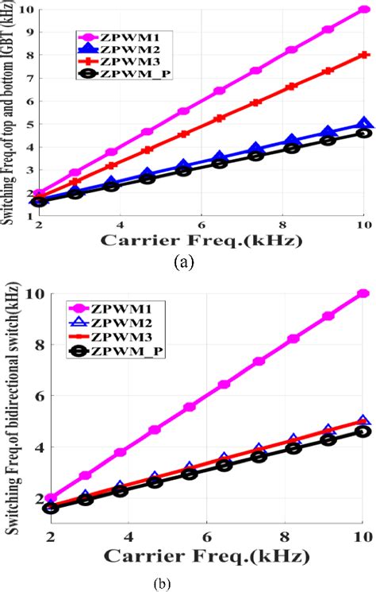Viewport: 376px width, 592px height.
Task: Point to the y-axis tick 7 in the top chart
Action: pos(29,78)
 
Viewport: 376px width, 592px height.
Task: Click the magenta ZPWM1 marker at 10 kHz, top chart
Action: pos(363,10)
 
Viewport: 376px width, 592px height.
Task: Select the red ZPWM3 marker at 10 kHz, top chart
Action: pos(363,55)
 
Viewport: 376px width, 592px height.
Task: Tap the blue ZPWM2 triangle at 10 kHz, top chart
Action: pos(363,123)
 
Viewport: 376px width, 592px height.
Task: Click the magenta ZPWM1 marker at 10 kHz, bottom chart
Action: pos(363,293)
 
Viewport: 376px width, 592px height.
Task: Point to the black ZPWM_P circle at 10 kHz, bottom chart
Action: pos(363,431)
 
